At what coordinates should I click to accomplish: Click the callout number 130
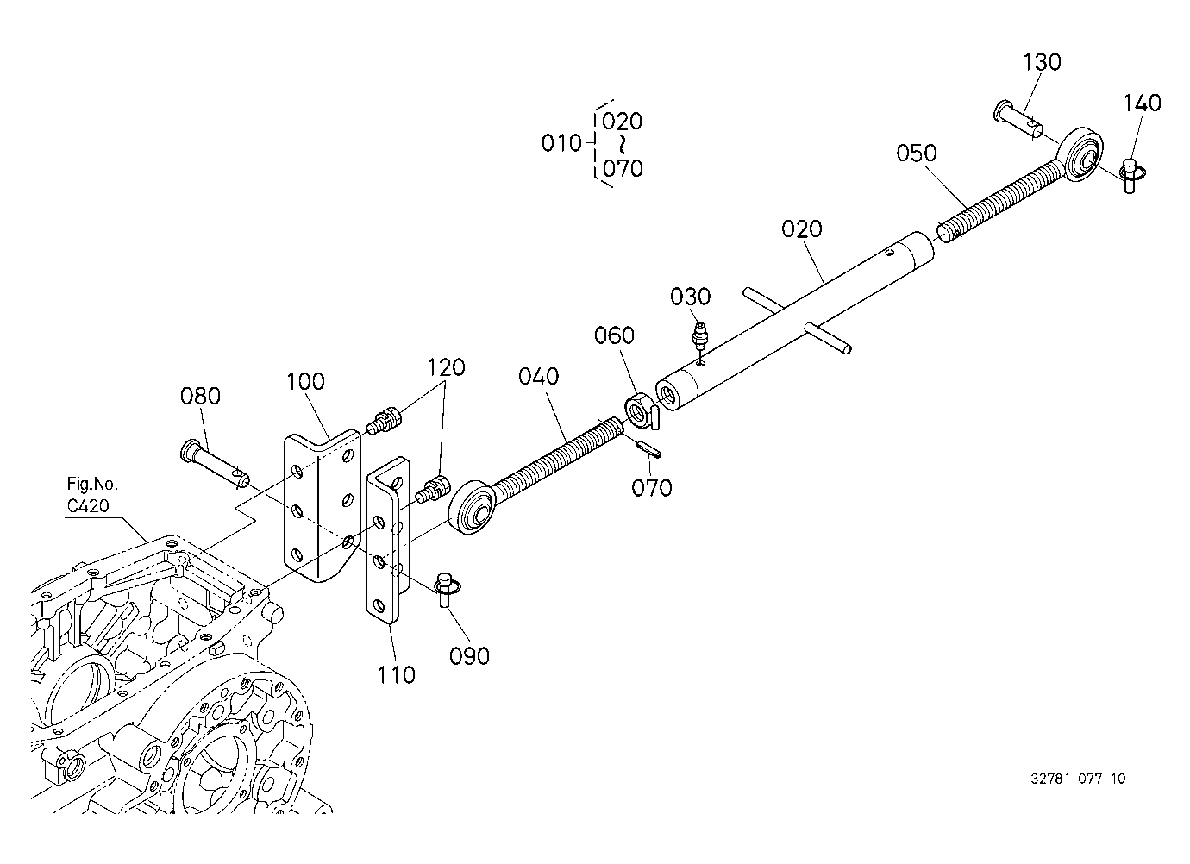(1042, 62)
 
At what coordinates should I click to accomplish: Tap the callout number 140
(1142, 103)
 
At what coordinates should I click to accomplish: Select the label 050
(917, 153)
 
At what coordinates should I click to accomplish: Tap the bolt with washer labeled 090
(447, 589)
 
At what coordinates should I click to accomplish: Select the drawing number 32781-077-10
(1078, 779)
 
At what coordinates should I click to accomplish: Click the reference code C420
(88, 505)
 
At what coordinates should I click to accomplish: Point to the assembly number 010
(561, 143)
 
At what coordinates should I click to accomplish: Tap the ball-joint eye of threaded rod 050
(1080, 156)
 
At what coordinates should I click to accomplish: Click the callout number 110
(397, 675)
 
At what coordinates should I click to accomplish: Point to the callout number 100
(305, 381)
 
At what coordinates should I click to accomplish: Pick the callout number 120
(447, 367)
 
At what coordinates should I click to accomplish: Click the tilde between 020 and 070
(622, 145)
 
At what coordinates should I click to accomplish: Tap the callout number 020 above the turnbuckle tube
(802, 229)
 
